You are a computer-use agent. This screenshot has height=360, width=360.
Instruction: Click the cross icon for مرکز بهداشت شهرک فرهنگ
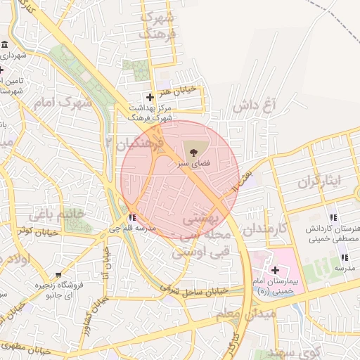149,97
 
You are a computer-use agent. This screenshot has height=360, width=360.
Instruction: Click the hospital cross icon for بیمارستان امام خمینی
275,270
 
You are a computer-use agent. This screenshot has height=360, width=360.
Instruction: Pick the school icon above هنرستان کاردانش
333,217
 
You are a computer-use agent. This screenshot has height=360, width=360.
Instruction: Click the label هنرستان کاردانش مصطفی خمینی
333,234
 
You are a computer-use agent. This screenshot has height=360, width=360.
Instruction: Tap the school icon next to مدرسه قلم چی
134,217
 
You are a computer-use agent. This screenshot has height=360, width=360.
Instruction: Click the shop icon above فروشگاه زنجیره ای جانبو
58,275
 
